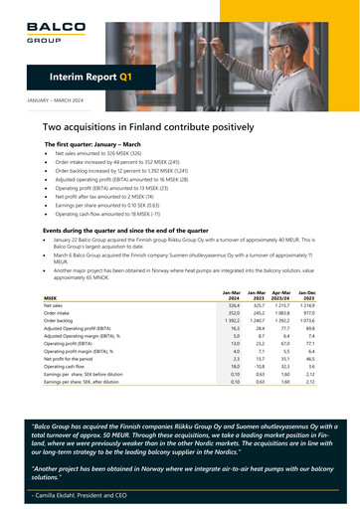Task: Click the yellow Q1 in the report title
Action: pos(125,76)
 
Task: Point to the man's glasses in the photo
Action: pos(279,46)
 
